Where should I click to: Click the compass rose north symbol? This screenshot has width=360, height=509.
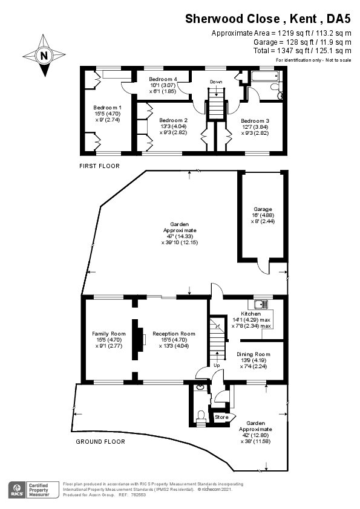coord(44,56)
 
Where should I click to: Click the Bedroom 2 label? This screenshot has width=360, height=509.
coord(173,120)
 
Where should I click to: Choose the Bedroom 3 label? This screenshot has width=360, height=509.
coord(255,120)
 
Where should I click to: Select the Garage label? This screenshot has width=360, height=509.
coord(262,209)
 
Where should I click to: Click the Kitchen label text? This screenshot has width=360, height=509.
coord(250,314)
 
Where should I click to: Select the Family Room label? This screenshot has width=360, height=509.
coord(109,334)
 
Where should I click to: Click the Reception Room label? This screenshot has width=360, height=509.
coord(174,334)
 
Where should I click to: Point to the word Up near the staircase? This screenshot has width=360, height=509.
coord(216,365)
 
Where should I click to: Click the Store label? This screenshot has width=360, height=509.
coord(221,417)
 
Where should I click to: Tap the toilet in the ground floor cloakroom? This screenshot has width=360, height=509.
coord(201,415)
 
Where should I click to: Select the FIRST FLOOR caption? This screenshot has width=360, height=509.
coord(99,166)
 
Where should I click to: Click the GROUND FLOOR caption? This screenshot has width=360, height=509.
coord(100,442)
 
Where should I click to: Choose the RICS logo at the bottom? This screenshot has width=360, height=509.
coord(16,488)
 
